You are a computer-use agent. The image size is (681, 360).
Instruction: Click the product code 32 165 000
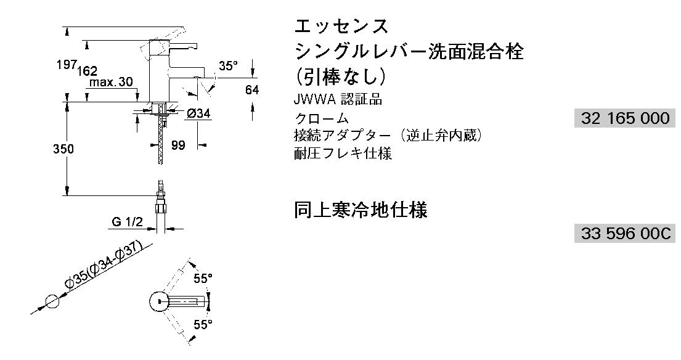[x=625, y=118]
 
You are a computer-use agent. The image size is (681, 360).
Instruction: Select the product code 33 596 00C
[x=626, y=234]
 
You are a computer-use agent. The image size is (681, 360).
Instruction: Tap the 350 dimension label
[x=63, y=149]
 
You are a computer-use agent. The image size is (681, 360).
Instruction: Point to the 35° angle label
[x=229, y=66]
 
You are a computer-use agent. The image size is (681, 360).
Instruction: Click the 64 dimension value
[x=252, y=90]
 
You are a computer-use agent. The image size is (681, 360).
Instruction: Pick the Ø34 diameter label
[x=199, y=114]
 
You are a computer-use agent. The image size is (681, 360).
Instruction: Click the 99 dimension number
[x=178, y=145]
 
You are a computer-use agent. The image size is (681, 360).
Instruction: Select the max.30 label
[x=111, y=83]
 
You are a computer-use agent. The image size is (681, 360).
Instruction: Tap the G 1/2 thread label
[x=127, y=223]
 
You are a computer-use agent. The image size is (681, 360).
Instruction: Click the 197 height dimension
[x=67, y=65]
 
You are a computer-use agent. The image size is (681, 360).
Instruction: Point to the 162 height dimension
[x=88, y=71]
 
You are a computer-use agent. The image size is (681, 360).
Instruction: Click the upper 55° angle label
[x=203, y=278]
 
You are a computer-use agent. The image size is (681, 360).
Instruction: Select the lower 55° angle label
[x=203, y=324]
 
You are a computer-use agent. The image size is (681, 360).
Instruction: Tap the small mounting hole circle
[x=52, y=301]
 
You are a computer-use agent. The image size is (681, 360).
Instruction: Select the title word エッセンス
[x=341, y=27]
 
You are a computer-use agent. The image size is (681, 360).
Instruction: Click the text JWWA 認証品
[x=338, y=100]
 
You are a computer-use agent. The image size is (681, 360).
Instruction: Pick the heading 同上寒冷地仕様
[x=361, y=210]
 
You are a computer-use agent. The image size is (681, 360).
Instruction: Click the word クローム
[x=321, y=118]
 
